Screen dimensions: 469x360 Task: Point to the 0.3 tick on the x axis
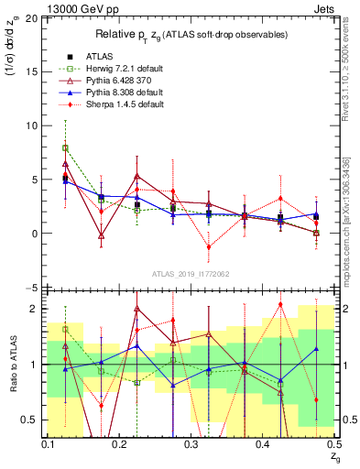click(191, 443)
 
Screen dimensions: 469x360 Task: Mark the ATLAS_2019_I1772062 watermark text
click(191, 274)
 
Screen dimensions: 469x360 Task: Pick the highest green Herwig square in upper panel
click(65, 147)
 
